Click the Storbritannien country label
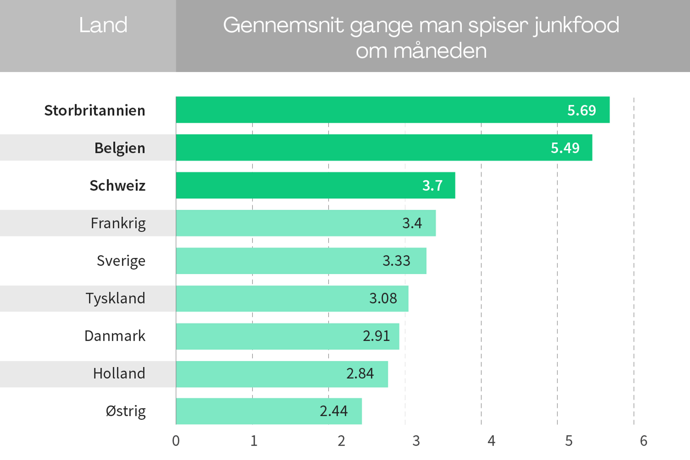tap(95, 111)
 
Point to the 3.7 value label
tap(432, 185)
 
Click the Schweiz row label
tap(118, 185)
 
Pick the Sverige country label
tap(121, 261)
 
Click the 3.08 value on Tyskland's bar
tap(383, 298)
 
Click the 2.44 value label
tap(333, 411)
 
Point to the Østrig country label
tap(126, 411)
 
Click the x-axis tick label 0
tap(176, 441)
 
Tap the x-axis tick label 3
tap(416, 441)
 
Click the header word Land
tap(103, 25)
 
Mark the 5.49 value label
tap(565, 148)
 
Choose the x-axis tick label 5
tap(569, 441)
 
